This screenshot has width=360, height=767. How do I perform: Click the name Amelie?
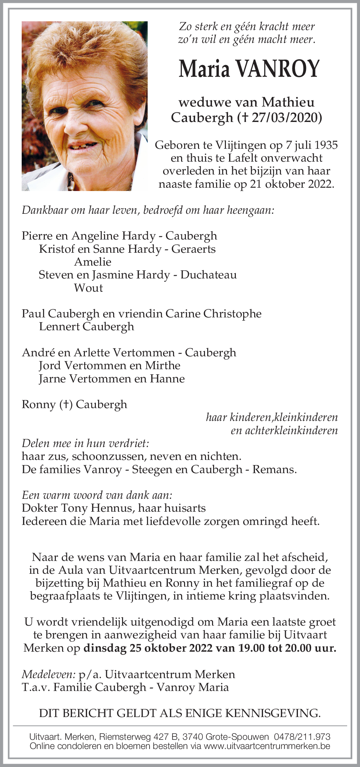(x=93, y=262)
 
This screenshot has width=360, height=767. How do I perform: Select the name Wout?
(x=88, y=288)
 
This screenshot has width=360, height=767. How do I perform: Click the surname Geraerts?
(x=194, y=249)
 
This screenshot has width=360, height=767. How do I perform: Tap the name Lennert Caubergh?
(x=86, y=327)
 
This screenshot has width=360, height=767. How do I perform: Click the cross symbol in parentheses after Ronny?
(x=66, y=404)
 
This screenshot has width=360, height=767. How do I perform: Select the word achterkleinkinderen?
(x=284, y=431)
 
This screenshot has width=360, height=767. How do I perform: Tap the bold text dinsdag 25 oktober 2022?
(x=148, y=648)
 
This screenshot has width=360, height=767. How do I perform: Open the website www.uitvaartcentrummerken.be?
(x=267, y=746)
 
